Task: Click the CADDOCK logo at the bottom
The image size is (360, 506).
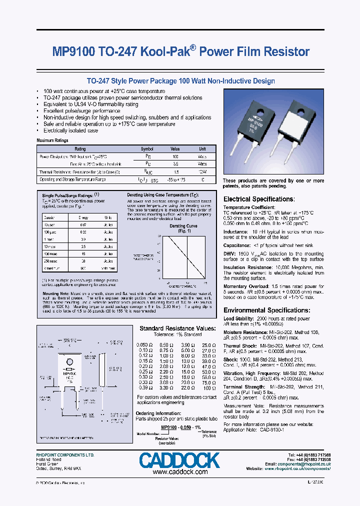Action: point(179,460)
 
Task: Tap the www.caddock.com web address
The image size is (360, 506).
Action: point(179,472)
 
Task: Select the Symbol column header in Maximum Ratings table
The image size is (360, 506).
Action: point(147,149)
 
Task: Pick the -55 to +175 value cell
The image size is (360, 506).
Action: point(175,178)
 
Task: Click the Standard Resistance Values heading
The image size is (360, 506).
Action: point(177,328)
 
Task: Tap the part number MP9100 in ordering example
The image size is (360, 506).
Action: point(169,427)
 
